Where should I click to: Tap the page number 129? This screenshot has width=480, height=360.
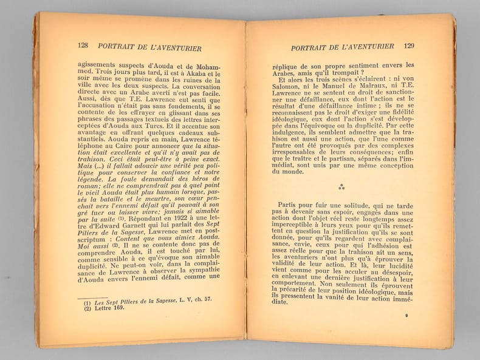click(x=409, y=46)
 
